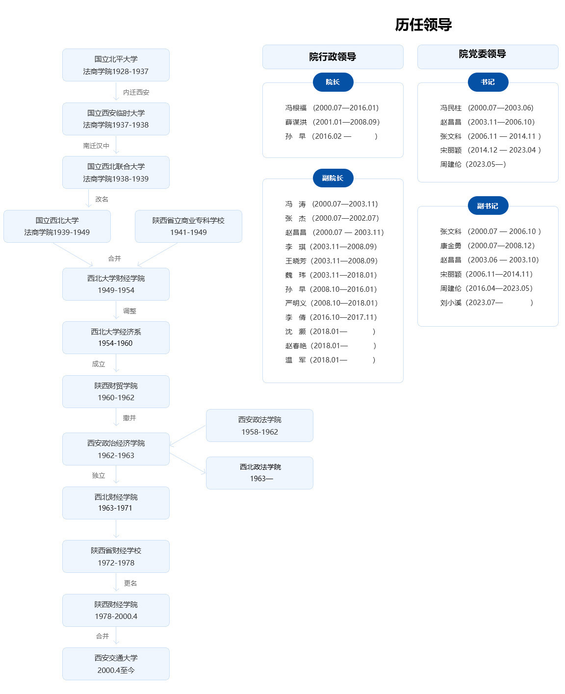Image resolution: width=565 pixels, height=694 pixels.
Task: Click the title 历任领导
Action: (x=423, y=25)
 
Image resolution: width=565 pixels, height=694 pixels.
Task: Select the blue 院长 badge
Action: (x=333, y=82)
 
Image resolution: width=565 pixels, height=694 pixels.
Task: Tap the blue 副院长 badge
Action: (x=333, y=178)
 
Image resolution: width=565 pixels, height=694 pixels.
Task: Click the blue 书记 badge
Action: (x=488, y=82)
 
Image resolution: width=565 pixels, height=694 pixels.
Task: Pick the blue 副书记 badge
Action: (x=488, y=206)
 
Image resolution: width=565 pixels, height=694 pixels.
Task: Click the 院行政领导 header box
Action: (x=333, y=57)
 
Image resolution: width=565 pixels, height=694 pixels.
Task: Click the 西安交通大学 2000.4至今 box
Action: (x=116, y=664)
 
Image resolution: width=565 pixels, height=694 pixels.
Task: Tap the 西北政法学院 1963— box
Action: (x=259, y=473)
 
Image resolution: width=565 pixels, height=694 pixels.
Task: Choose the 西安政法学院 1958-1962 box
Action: (x=259, y=425)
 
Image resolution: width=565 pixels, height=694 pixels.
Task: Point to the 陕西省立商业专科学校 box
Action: (x=188, y=226)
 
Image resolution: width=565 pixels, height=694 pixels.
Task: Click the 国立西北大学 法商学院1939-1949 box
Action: (x=57, y=226)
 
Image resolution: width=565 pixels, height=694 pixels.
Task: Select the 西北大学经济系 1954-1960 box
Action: (x=116, y=337)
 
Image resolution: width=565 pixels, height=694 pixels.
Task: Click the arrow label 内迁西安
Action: (x=136, y=92)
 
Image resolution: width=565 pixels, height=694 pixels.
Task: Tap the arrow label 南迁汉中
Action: (x=96, y=146)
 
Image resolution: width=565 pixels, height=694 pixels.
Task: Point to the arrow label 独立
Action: (x=99, y=475)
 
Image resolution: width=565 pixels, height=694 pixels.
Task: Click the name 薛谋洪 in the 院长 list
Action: (x=296, y=122)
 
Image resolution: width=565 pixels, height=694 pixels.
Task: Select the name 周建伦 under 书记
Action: (x=451, y=164)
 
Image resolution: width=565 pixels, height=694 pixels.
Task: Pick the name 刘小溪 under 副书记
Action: (x=451, y=303)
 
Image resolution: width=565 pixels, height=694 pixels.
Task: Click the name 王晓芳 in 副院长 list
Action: (x=296, y=261)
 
